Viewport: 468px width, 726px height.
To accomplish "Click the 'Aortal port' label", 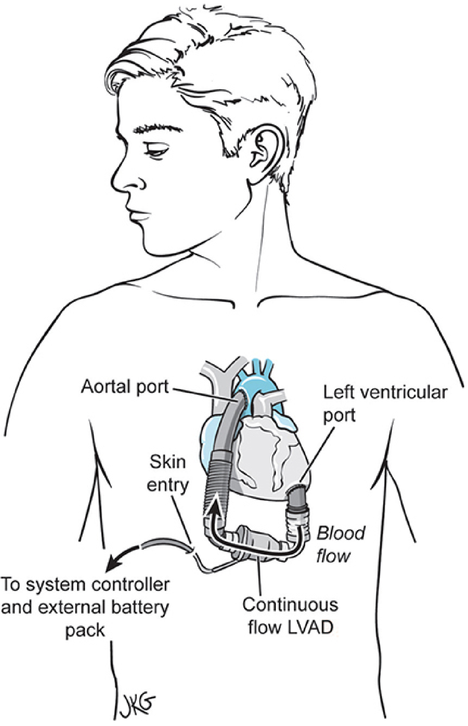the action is (125, 387).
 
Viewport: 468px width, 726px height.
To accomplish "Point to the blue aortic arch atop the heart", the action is (257, 383).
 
